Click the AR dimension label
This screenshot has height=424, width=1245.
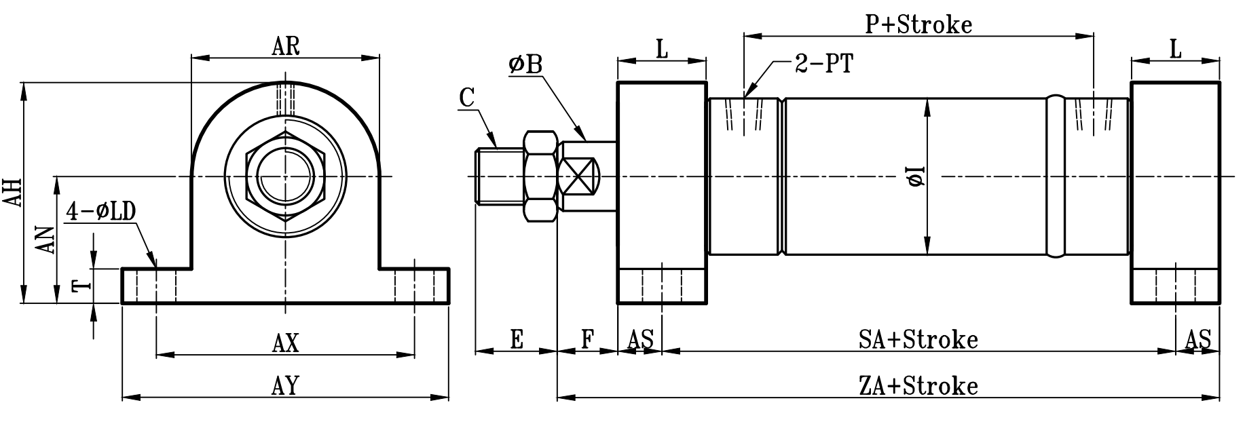point(286,46)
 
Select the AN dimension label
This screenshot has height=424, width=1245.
point(45,239)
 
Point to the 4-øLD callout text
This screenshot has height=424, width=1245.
point(101,212)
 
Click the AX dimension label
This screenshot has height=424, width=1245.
point(285,343)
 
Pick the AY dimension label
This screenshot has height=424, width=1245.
point(285,386)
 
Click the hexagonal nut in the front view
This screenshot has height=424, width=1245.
point(286,178)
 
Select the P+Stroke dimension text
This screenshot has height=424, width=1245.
point(919,25)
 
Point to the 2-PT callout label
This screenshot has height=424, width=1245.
point(823,64)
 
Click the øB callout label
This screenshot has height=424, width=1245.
point(525,64)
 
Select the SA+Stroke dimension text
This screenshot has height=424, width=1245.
point(918,339)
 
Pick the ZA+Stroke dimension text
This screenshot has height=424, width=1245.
point(918,386)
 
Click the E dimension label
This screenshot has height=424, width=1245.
point(517,339)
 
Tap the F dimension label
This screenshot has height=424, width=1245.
point(587,339)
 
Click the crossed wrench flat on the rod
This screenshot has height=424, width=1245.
point(580,177)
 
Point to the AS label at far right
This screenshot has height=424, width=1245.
point(1198,339)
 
